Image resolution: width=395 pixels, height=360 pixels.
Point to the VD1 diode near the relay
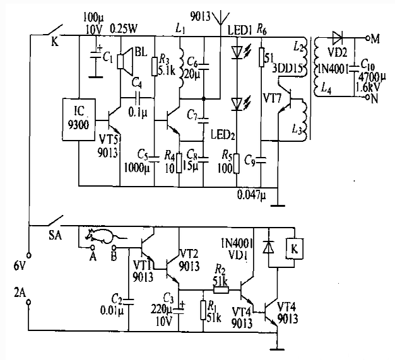[269, 248]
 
